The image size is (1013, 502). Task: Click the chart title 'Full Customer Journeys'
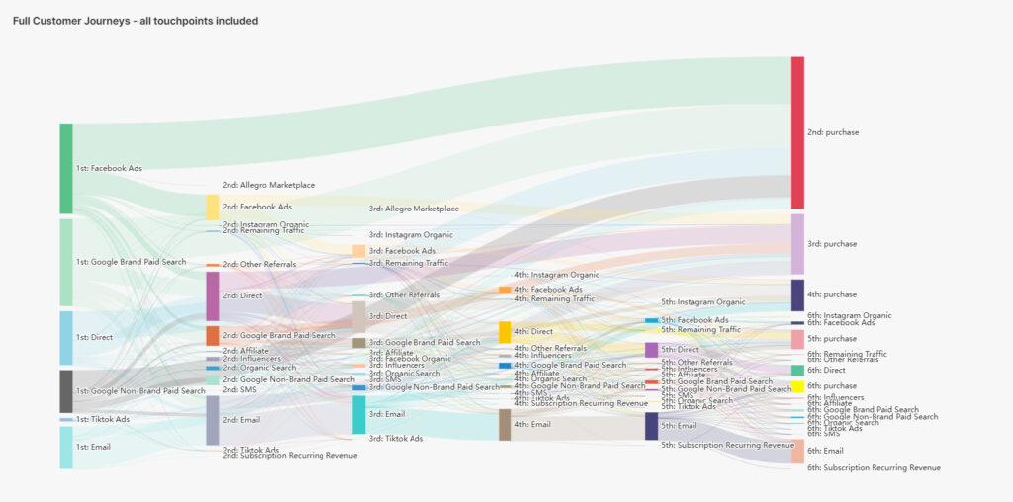click(x=136, y=21)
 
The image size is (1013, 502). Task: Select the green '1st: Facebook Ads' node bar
click(x=66, y=168)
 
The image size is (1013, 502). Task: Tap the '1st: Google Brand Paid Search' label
click(x=131, y=262)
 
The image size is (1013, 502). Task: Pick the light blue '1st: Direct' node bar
click(x=66, y=338)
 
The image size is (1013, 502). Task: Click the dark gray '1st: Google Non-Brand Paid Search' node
click(x=66, y=391)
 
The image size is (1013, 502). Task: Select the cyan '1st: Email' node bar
click(x=66, y=447)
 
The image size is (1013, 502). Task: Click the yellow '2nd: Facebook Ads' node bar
click(x=212, y=207)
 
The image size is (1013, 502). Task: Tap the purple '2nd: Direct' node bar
click(x=212, y=295)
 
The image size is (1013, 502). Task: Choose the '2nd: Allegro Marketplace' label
click(x=268, y=185)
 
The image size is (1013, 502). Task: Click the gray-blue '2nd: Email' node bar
click(x=212, y=420)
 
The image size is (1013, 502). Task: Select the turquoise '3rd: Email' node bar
click(x=358, y=414)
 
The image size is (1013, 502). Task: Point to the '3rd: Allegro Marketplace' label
click(x=414, y=209)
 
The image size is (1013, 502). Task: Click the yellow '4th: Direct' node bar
click(x=505, y=331)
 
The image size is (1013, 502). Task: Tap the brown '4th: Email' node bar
click(x=505, y=424)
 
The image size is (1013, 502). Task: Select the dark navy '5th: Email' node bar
click(x=651, y=426)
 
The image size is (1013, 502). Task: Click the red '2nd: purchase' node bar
click(x=797, y=132)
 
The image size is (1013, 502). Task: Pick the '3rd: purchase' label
click(x=832, y=244)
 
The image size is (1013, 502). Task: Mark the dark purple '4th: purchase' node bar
click(x=797, y=294)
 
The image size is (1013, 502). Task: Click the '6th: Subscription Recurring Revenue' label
click(x=874, y=467)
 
